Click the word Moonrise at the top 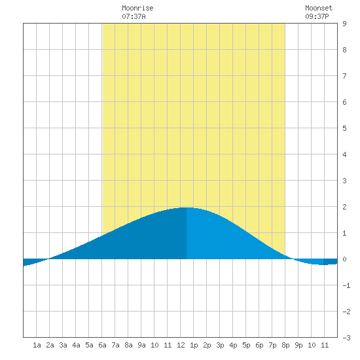[137, 8]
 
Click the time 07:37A [134, 16]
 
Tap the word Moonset [319, 8]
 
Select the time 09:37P [317, 16]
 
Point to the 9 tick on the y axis [344, 24]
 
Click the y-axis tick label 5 [344, 128]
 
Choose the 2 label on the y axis [344, 207]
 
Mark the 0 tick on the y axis [344, 259]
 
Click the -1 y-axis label [346, 285]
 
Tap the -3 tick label [346, 338]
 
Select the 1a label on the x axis [37, 345]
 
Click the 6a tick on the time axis [102, 345]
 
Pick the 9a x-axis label [141, 345]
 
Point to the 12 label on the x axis [181, 345]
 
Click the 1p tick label [194, 345]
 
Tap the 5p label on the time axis [246, 345]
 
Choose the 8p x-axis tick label [285, 345]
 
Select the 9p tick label [298, 345]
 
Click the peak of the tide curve [187, 207]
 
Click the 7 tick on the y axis [344, 76]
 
